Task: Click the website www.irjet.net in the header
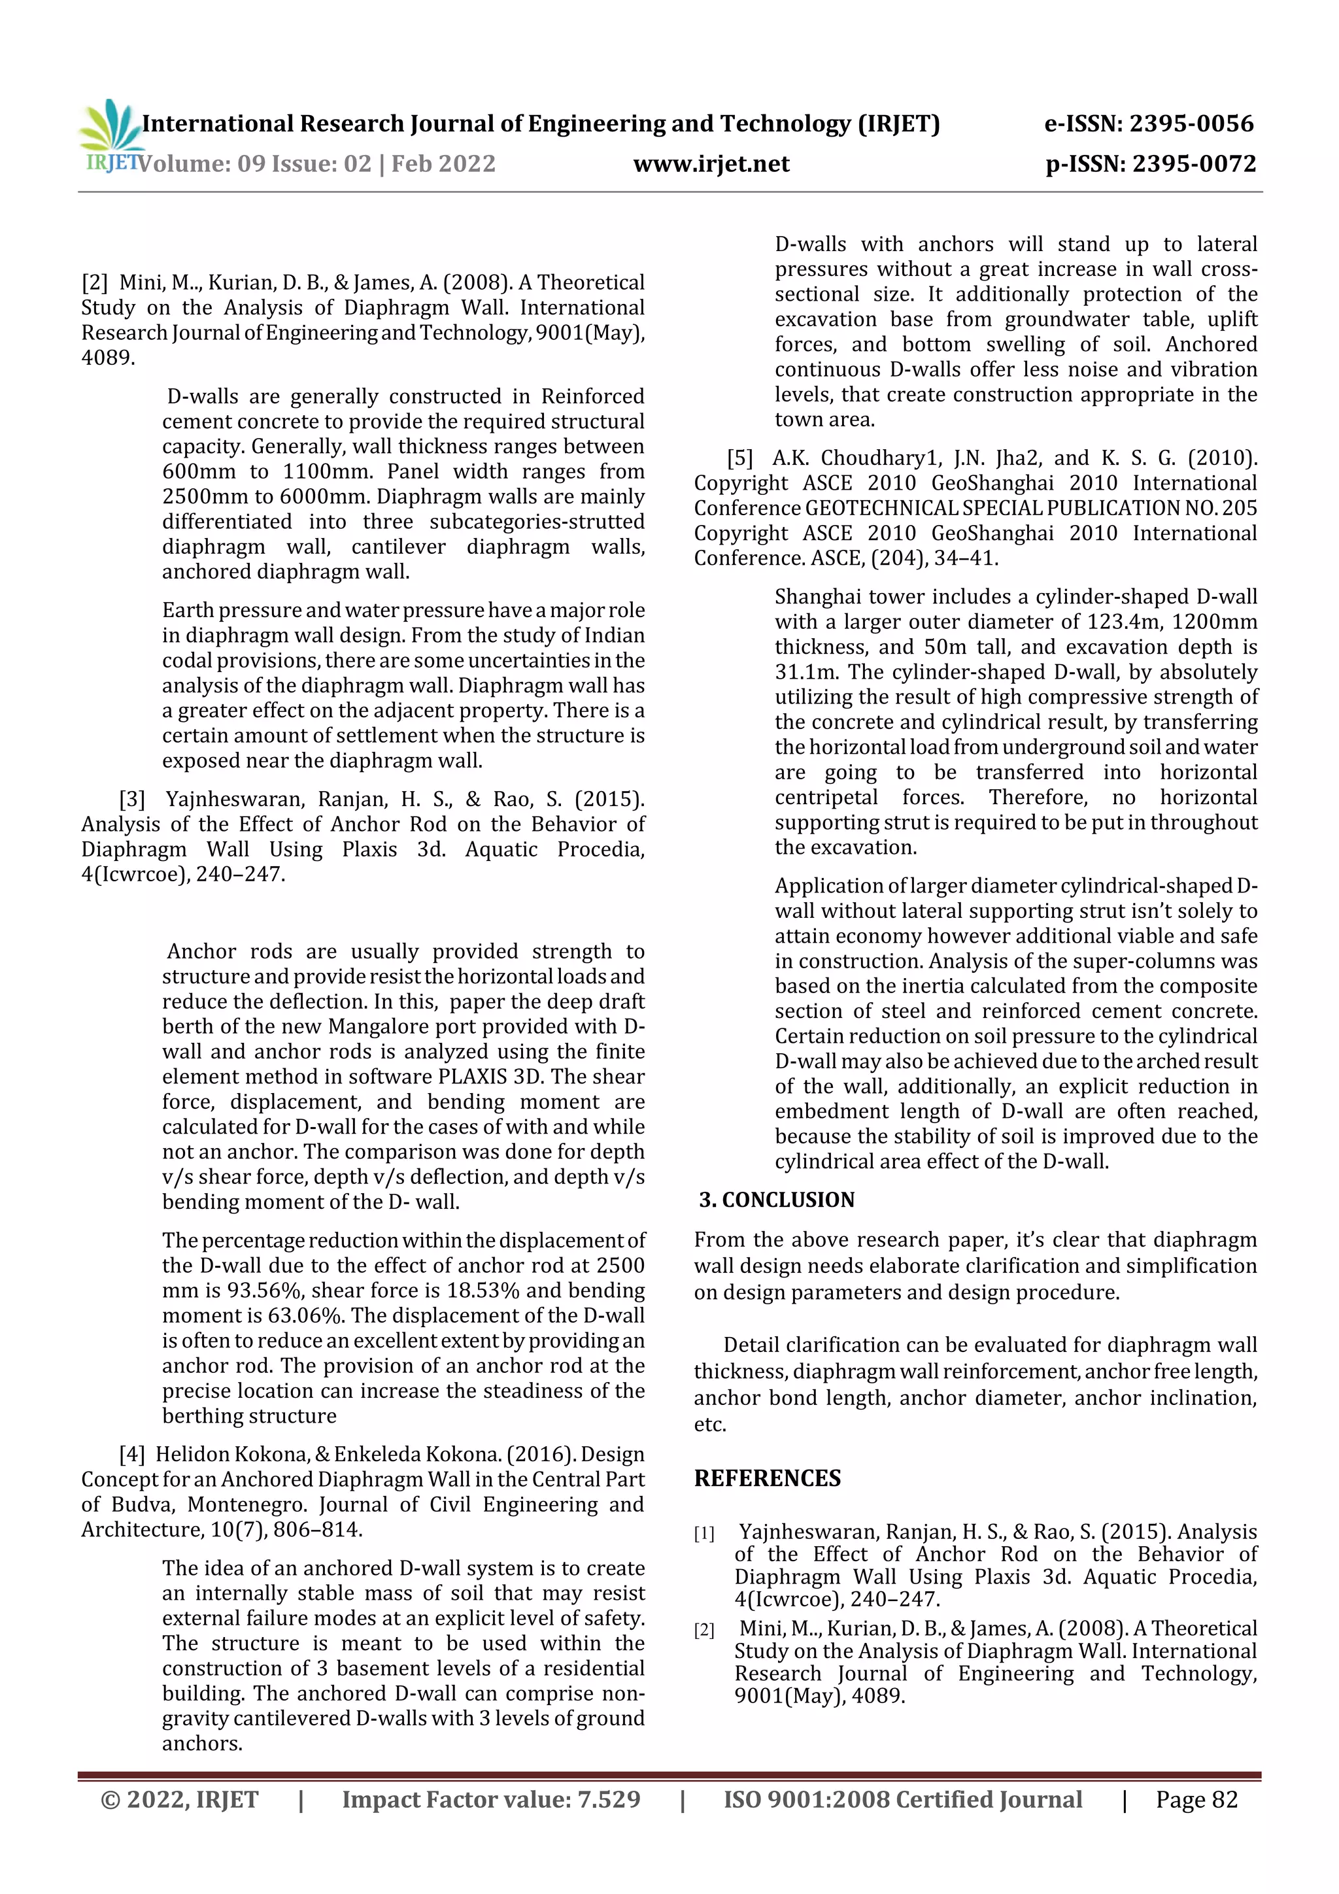[711, 164]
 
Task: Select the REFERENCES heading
[768, 1478]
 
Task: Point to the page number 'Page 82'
[1196, 1799]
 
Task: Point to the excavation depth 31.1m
[804, 671]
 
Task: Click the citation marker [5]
[740, 458]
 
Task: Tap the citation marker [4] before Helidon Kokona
[132, 1453]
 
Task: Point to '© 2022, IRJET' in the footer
[180, 1799]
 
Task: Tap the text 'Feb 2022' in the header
[443, 164]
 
